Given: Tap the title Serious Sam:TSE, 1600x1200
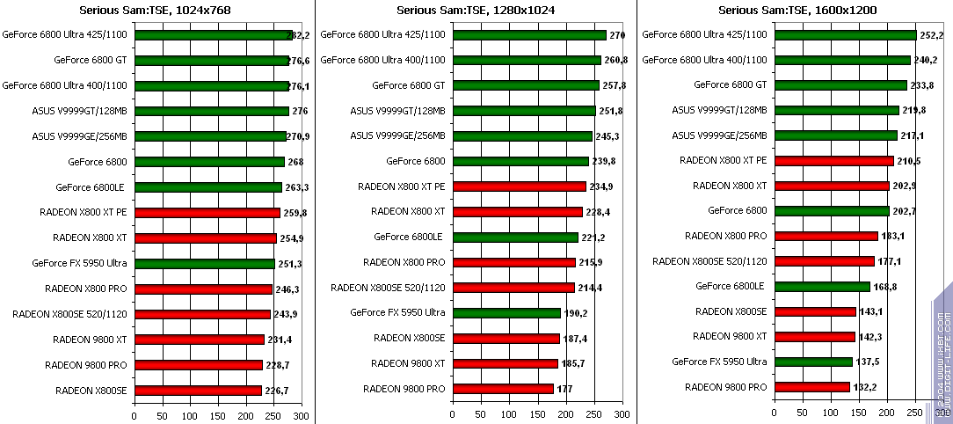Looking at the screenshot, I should (797, 11).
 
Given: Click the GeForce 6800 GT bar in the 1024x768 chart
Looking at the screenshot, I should (211, 61).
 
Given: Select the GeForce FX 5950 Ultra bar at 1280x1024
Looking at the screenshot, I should (506, 312).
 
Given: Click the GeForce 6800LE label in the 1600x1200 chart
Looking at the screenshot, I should (731, 286).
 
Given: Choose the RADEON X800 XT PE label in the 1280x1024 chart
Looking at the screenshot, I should (401, 186).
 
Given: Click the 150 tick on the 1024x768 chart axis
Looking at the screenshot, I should (217, 415).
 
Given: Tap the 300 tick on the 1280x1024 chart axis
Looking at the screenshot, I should (622, 415).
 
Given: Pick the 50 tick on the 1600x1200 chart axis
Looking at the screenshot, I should (801, 415).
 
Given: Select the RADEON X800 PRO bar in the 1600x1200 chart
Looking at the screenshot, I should (826, 236).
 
